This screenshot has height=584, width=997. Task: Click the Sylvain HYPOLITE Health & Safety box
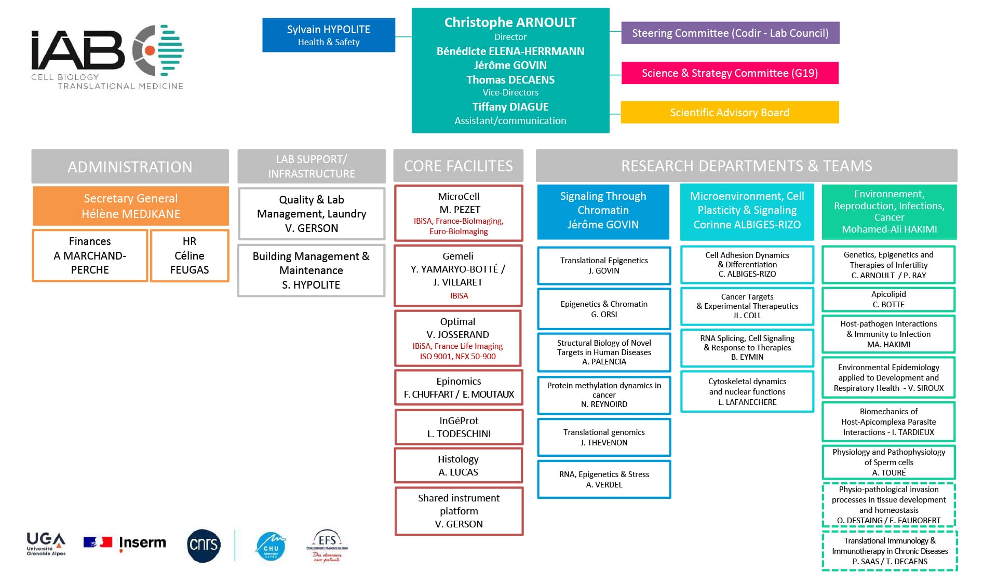coord(328,35)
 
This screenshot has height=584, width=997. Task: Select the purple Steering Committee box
coord(730,33)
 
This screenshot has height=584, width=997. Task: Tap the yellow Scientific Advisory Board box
coord(730,112)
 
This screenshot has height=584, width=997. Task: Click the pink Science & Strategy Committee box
coord(730,73)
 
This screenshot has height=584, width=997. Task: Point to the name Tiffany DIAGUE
coord(510,106)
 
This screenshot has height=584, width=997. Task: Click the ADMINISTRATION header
coord(130,167)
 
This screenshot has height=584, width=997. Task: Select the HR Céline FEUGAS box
coord(190,255)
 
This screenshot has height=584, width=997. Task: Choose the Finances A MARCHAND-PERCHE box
coord(90,255)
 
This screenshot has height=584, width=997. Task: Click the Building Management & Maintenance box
coord(311,270)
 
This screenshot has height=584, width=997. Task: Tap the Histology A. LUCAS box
coord(458,466)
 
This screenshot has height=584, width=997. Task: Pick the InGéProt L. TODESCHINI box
coord(459,427)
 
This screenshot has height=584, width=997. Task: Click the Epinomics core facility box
coord(459,388)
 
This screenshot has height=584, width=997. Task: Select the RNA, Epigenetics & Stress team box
coord(604,479)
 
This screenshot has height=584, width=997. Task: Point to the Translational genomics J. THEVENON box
coord(604,437)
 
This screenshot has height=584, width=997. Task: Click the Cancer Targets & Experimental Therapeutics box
coord(747,306)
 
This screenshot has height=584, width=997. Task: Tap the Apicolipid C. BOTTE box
coord(888,299)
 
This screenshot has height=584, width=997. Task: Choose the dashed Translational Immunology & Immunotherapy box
coord(889,551)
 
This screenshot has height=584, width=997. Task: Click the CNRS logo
coord(204,545)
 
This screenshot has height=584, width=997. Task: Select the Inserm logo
coord(125,543)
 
